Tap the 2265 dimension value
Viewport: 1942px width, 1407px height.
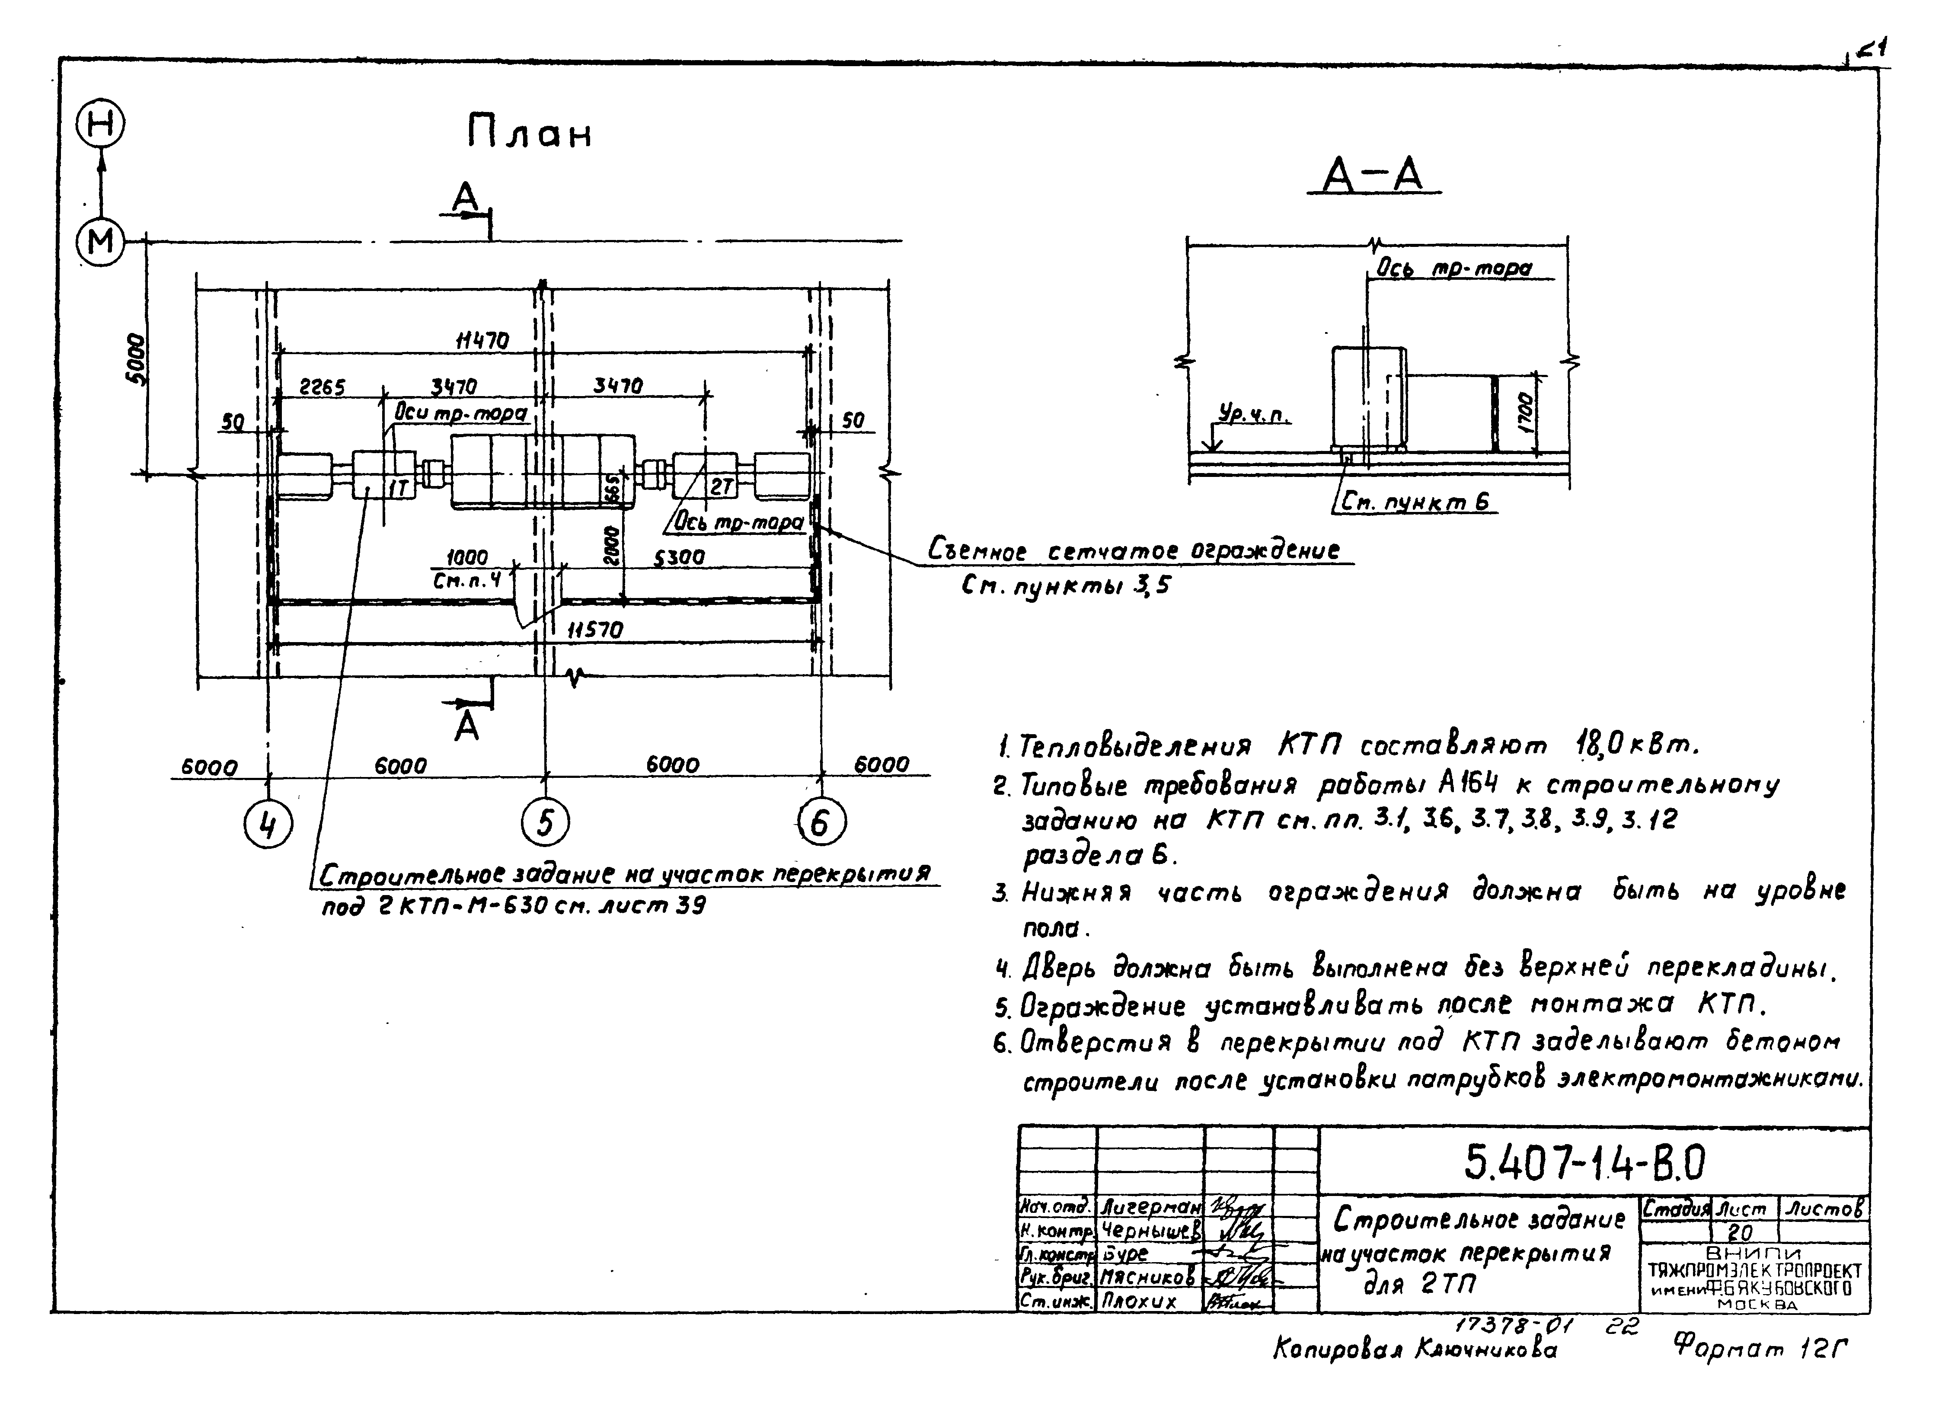(x=322, y=388)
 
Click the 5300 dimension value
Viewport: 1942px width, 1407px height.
(x=679, y=557)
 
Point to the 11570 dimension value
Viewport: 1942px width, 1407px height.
(x=596, y=630)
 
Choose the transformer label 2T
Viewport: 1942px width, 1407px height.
(x=721, y=486)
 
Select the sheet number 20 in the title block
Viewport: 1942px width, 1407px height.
(x=1741, y=1232)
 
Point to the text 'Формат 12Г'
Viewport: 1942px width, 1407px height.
(x=1760, y=1350)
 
